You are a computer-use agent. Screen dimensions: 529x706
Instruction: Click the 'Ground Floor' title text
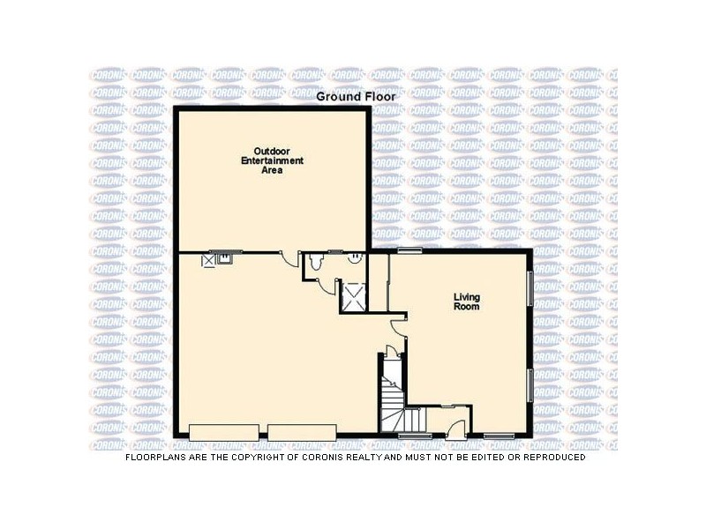point(357,96)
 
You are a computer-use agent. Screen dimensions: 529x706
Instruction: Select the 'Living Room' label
point(466,302)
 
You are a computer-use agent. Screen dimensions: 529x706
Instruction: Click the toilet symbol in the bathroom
point(316,261)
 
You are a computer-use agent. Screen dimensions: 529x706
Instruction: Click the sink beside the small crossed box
point(224,258)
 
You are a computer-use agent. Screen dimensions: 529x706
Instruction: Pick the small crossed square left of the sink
point(209,259)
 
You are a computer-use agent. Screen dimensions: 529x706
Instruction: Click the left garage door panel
point(224,432)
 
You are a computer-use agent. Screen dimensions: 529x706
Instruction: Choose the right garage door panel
point(302,432)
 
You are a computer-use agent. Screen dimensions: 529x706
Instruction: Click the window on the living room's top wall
point(409,251)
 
